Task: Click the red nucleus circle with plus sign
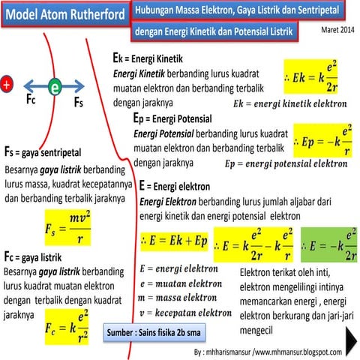click(7, 85)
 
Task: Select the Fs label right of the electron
click(78, 104)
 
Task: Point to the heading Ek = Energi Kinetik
click(147, 58)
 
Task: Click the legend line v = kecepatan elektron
click(186, 312)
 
